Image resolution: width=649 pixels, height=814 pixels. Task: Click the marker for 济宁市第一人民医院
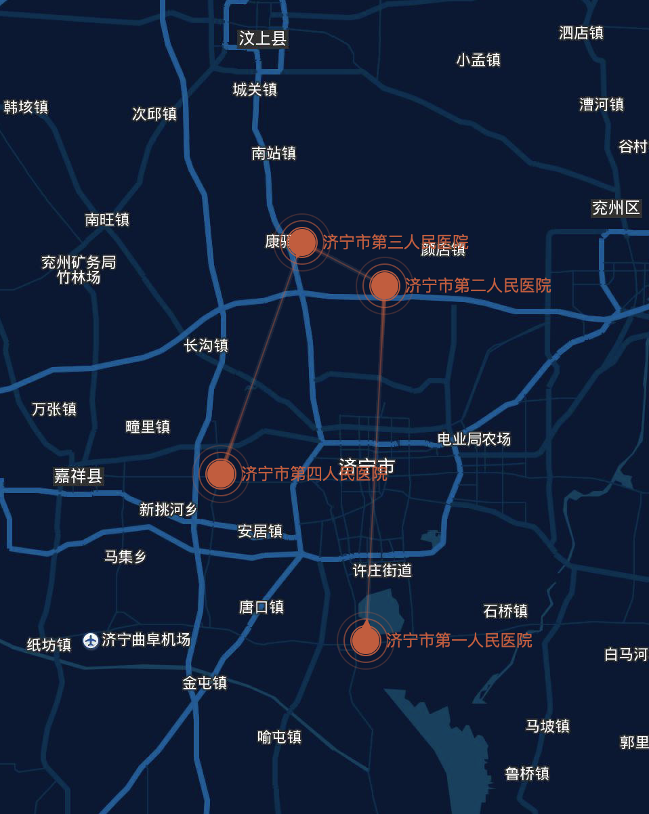point(366,640)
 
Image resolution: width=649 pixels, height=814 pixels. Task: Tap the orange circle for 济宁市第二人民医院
point(385,286)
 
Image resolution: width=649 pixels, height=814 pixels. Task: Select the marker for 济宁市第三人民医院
point(302,242)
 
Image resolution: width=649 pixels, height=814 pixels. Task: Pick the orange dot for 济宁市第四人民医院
point(221,473)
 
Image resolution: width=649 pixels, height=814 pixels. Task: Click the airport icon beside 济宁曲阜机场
point(91,640)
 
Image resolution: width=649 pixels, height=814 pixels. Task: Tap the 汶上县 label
point(263,39)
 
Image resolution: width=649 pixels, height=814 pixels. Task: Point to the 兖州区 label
point(616,208)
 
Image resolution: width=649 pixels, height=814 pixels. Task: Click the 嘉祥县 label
point(78,476)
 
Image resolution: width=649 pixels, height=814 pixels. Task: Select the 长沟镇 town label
point(206,345)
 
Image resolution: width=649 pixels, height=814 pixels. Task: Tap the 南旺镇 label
point(107,219)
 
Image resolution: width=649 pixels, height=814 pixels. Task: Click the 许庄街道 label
point(382,571)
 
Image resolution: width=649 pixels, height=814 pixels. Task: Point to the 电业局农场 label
point(474,439)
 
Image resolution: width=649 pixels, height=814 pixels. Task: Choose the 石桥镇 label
point(505,611)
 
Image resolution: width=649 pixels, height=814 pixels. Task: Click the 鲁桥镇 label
point(527,773)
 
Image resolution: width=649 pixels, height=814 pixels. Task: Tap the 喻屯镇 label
point(279,737)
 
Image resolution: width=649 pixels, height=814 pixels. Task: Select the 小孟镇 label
point(478,60)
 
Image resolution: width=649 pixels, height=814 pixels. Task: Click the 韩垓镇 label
point(26,107)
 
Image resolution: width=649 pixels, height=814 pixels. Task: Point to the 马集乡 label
point(125,557)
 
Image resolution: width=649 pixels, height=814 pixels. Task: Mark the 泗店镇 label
point(581,33)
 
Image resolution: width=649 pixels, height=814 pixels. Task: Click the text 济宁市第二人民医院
point(478,286)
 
